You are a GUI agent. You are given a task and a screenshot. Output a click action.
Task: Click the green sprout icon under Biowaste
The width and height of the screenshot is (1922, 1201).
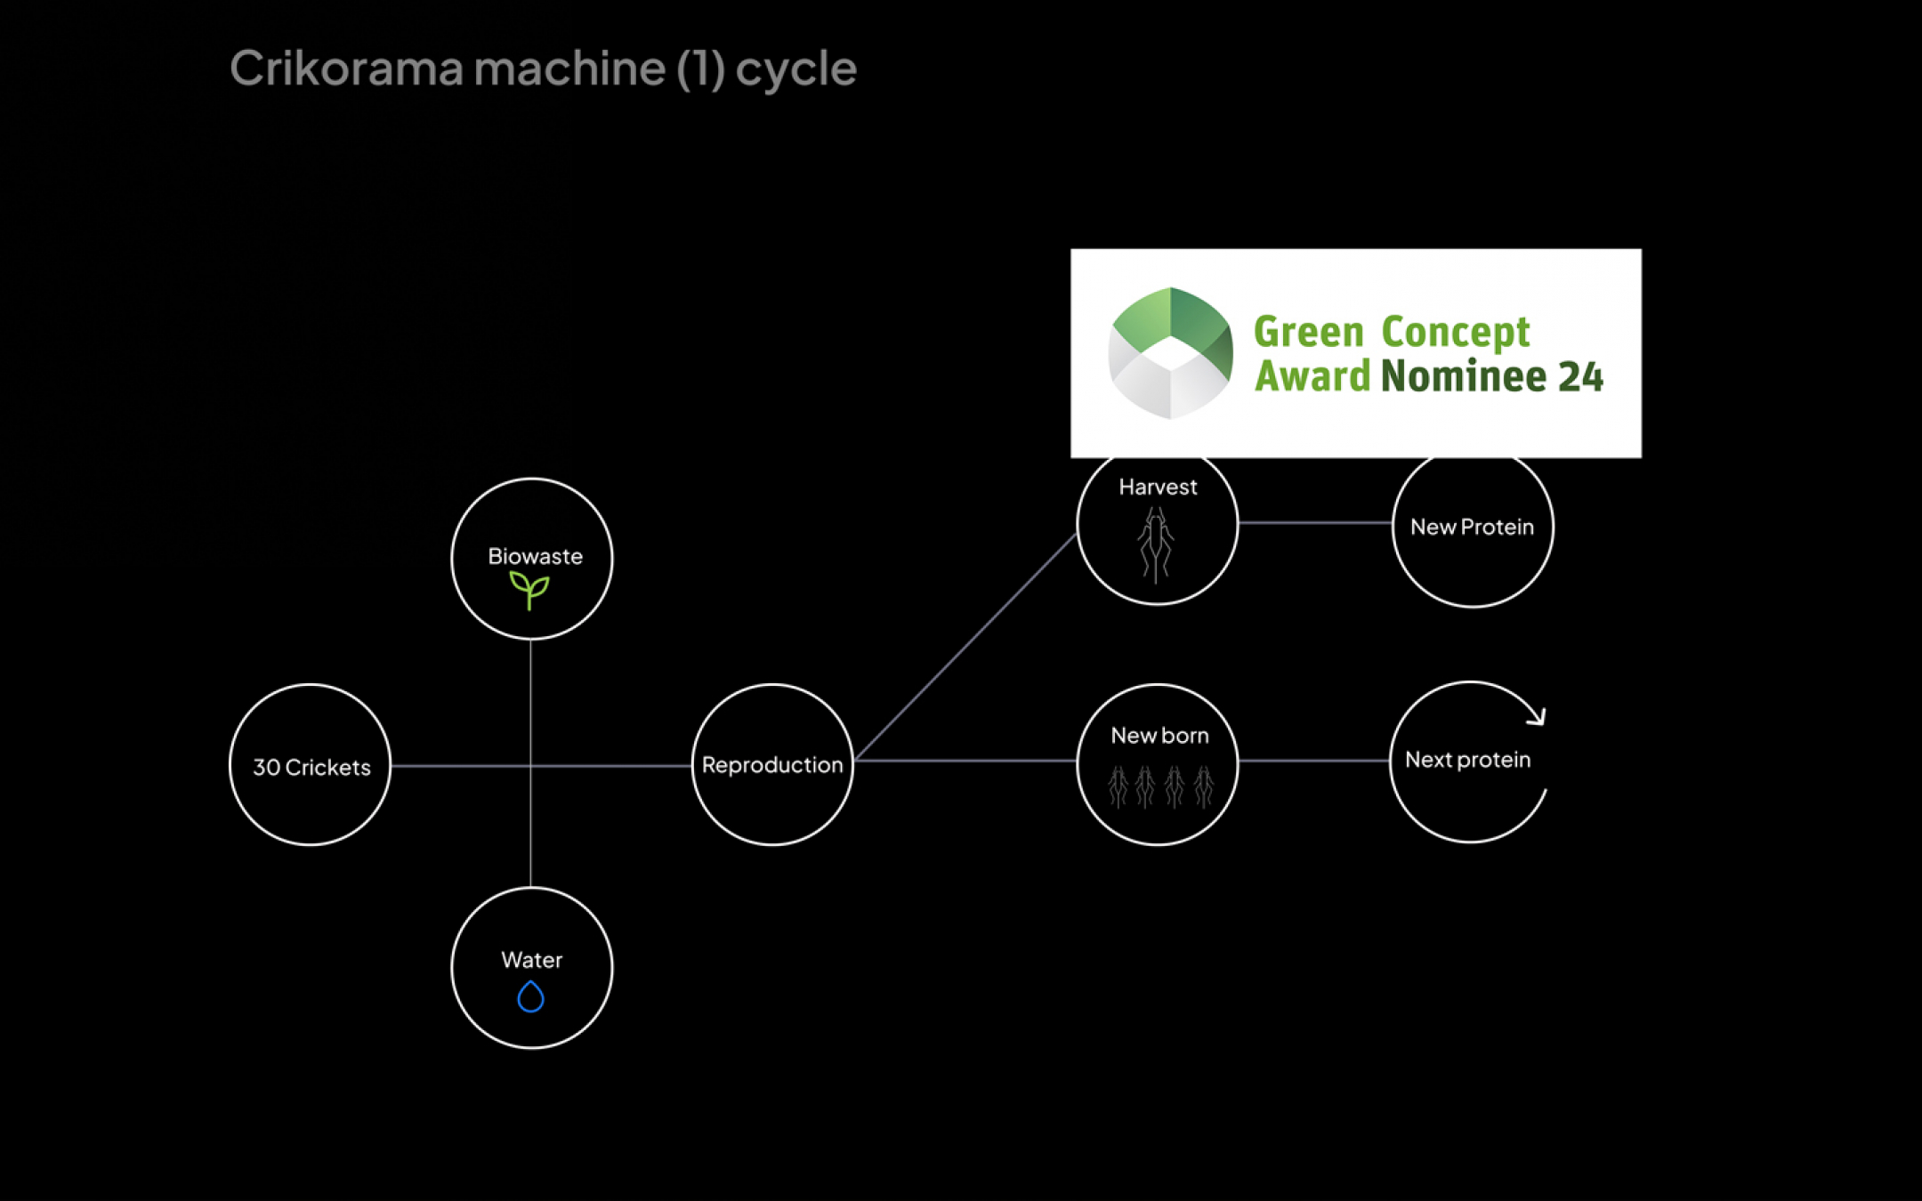[x=529, y=589]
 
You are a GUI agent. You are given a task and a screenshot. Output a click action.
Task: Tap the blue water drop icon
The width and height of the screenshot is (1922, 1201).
[x=530, y=996]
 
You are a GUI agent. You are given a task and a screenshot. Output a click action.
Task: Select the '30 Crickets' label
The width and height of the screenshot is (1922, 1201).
[x=311, y=767]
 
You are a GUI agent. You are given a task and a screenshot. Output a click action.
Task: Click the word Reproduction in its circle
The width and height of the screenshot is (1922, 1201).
[x=771, y=765]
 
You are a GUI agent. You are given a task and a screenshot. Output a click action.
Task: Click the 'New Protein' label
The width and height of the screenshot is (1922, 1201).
[x=1472, y=527]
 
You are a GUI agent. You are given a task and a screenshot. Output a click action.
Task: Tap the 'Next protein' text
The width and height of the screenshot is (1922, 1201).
[x=1467, y=760]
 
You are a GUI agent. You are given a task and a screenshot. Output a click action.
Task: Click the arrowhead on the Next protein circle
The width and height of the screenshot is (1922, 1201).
[x=1538, y=716]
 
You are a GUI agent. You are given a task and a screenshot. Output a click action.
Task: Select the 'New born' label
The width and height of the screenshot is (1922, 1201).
[x=1159, y=736]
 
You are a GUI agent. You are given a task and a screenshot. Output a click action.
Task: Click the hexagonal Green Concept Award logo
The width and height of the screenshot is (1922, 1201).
[x=1170, y=353]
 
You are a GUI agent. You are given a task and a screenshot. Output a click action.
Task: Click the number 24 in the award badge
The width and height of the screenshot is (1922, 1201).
[x=1580, y=376]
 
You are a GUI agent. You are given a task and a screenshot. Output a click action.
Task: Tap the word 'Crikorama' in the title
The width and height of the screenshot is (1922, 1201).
[x=345, y=69]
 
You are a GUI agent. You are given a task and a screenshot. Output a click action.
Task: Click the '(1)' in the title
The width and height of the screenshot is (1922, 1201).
[x=700, y=69]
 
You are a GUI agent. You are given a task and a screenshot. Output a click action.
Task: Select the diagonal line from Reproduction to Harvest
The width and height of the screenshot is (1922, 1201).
[x=965, y=648]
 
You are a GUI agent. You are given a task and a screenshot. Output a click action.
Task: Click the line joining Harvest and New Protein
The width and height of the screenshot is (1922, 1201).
[x=1314, y=523]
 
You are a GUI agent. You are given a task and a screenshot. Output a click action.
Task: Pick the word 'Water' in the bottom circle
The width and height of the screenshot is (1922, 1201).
[x=531, y=960]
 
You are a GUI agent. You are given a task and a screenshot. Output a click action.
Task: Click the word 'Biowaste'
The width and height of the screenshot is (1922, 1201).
[x=535, y=556]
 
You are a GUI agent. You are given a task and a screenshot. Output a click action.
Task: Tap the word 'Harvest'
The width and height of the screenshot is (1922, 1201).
[x=1158, y=487]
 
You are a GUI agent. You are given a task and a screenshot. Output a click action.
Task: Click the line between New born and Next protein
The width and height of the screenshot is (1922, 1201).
[x=1313, y=761]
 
